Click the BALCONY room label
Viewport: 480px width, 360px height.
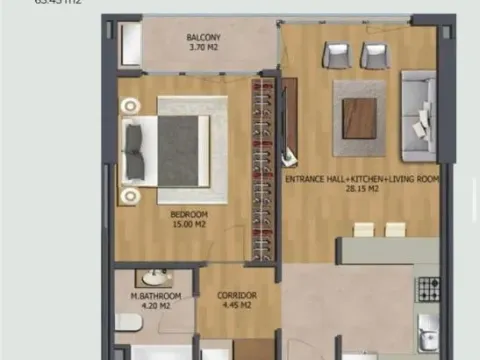(203, 41)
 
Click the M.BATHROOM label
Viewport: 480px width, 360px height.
(155, 297)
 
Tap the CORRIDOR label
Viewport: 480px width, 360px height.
(237, 296)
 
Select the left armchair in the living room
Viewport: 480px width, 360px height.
(336, 56)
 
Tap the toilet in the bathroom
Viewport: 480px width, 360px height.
(125, 321)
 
